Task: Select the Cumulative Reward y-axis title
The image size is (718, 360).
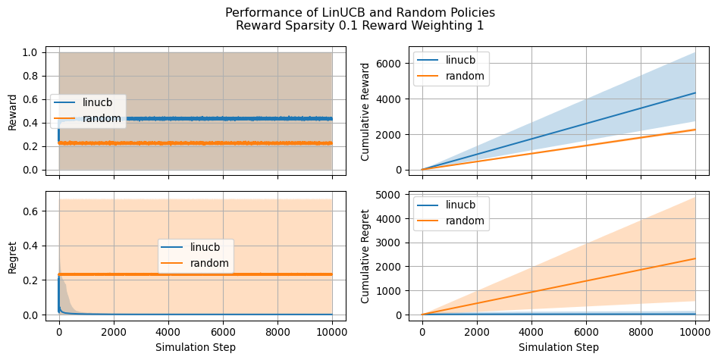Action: pos(365,112)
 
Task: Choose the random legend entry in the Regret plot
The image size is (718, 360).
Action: pos(205,263)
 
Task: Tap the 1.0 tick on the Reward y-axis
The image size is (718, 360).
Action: pos(30,53)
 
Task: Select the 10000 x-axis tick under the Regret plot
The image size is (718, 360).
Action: pos(332,331)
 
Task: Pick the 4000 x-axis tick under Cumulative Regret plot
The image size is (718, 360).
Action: pos(531,331)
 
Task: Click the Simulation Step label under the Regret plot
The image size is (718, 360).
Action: pos(196,347)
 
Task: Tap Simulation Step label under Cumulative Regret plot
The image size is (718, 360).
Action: pos(559,347)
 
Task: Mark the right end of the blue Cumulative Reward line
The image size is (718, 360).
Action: pos(694,92)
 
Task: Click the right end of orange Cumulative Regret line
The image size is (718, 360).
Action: pos(694,258)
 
